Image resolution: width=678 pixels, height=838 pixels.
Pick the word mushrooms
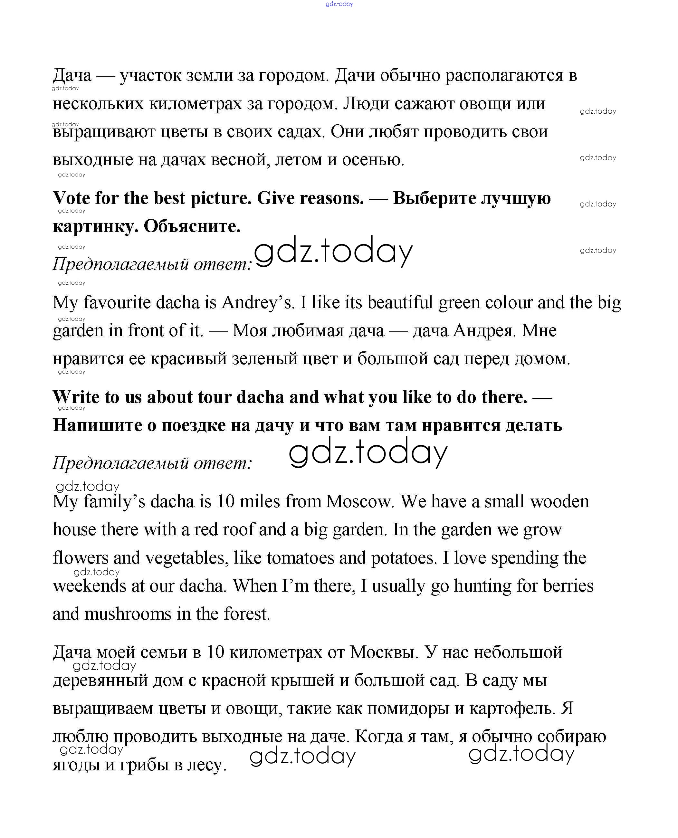[x=128, y=614]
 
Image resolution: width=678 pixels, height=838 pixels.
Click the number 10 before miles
[x=225, y=501]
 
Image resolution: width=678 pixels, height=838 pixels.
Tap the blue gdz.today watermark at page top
[x=339, y=4]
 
